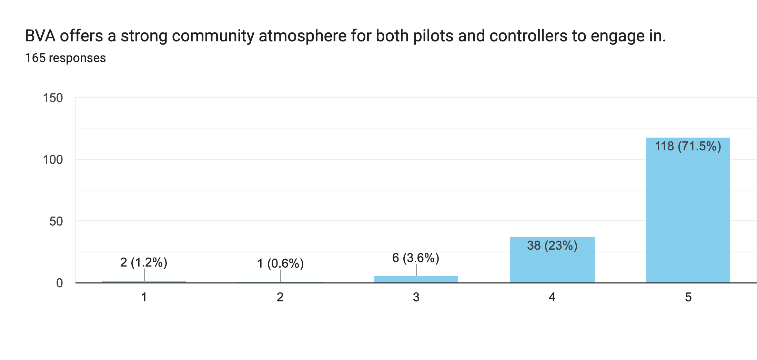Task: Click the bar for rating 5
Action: pos(688,214)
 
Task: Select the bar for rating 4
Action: pos(552,262)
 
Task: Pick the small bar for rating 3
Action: pos(416,279)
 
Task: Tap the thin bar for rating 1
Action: pos(144,282)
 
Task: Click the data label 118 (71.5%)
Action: pos(688,146)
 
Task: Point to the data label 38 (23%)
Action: pos(552,246)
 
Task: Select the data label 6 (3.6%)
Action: pos(416,258)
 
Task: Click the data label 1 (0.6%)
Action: pos(280,263)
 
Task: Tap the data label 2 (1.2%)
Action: pos(144,262)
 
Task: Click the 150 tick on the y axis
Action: pos(53,98)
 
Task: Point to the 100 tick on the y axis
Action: pos(53,160)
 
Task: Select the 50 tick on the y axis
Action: pos(56,221)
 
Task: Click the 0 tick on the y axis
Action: pos(60,283)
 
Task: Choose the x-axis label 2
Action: pos(280,297)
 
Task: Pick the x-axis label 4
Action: pos(552,297)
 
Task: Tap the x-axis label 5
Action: pos(688,297)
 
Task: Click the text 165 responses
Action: pos(65,58)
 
